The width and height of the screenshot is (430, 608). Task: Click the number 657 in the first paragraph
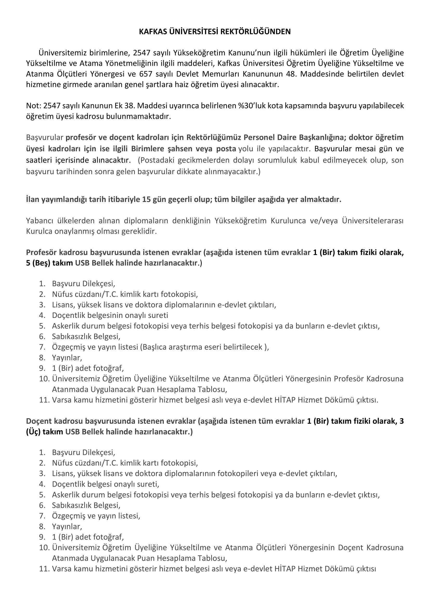coord(145,74)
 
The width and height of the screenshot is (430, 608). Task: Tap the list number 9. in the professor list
coord(43,368)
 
